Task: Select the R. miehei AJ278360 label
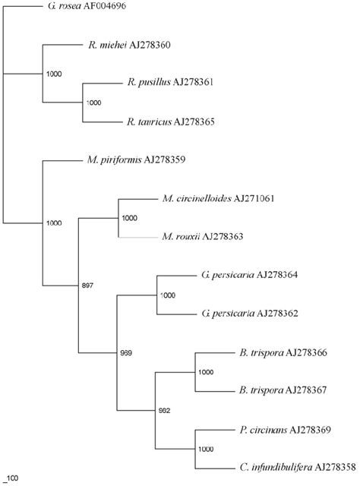(129, 46)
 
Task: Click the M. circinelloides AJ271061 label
(218, 199)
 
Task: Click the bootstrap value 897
(89, 286)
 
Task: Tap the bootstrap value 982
(166, 411)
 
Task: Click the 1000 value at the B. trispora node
(207, 372)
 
